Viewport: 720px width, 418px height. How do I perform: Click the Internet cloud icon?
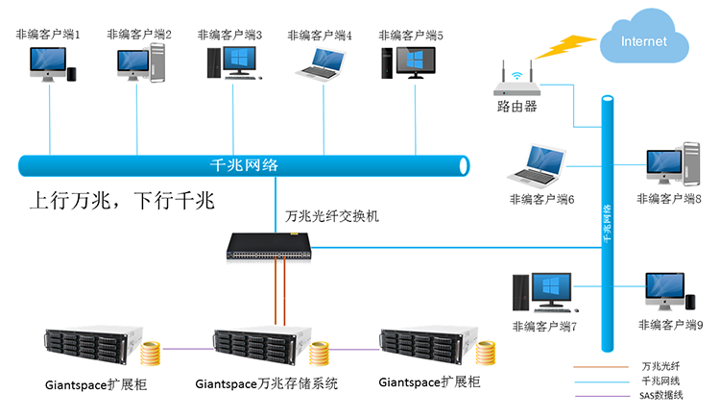pos(643,41)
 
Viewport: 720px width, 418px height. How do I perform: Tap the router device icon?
pos(516,86)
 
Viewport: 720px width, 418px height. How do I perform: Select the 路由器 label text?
pos(516,107)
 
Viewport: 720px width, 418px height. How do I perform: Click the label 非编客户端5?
pos(411,35)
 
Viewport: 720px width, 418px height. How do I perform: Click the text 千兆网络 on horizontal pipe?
pos(244,164)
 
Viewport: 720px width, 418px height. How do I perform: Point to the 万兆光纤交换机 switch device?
pos(271,246)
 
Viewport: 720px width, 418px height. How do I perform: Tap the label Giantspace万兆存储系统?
pos(267,384)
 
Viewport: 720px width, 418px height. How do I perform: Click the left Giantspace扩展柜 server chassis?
pos(92,349)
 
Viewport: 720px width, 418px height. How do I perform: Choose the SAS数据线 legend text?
pos(660,395)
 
